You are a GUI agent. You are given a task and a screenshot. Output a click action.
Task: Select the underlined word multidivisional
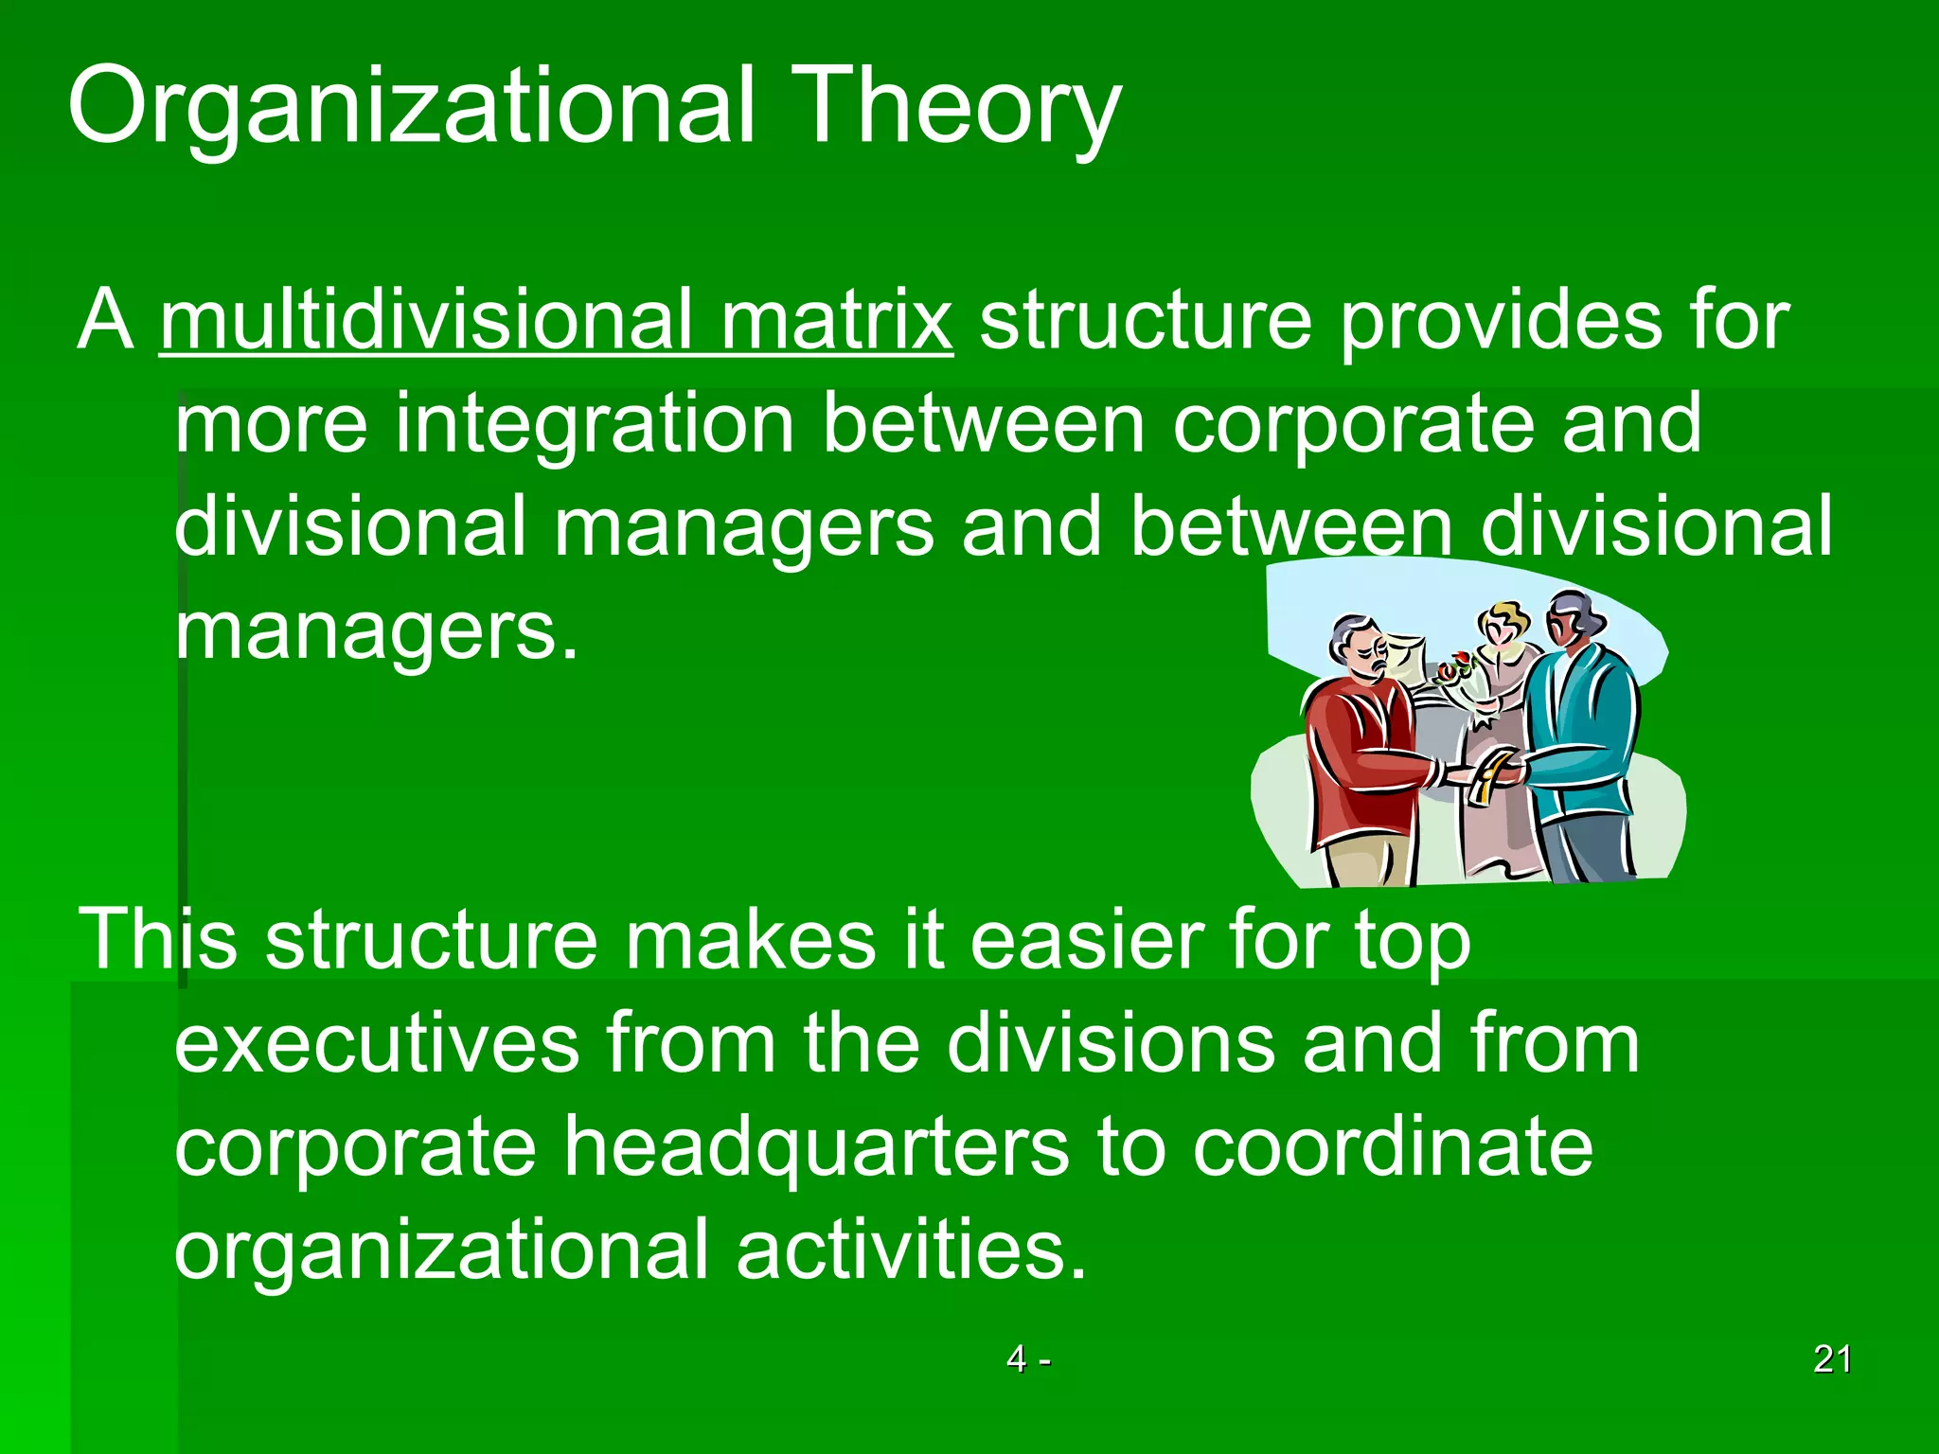(x=426, y=320)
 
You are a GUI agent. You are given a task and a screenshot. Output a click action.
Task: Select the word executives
(x=377, y=1043)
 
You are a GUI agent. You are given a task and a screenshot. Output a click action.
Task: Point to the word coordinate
(x=1392, y=1147)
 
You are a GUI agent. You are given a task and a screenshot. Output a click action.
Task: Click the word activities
(x=911, y=1250)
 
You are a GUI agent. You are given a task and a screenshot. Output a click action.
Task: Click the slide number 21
(x=1832, y=1359)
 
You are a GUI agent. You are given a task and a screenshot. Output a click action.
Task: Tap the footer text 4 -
(x=1028, y=1359)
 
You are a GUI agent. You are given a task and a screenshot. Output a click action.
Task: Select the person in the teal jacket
(x=1581, y=738)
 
